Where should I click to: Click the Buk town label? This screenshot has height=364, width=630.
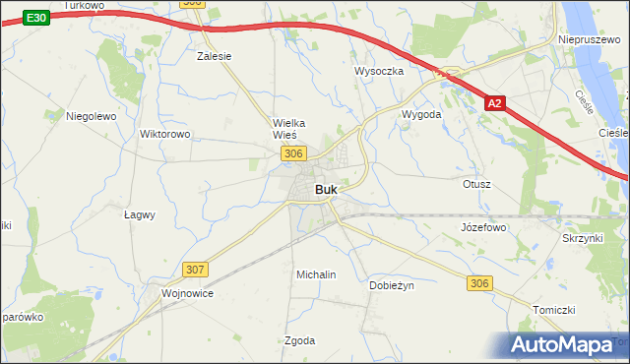[x=328, y=190]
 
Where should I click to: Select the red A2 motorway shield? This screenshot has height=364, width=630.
[x=497, y=102]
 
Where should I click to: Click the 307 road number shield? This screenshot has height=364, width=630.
[x=195, y=268]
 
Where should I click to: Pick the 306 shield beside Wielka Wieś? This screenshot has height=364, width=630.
[x=292, y=153]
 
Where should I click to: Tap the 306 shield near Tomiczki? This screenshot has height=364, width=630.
[x=478, y=283]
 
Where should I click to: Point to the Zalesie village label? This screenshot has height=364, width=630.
[x=214, y=56]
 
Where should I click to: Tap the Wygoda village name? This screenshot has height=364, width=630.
[x=421, y=114]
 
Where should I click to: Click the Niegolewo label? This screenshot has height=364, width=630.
[x=92, y=115]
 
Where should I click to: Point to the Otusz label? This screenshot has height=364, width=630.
[x=476, y=184]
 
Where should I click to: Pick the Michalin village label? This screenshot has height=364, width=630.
[x=316, y=274]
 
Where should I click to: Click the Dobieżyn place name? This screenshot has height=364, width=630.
[x=392, y=285]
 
